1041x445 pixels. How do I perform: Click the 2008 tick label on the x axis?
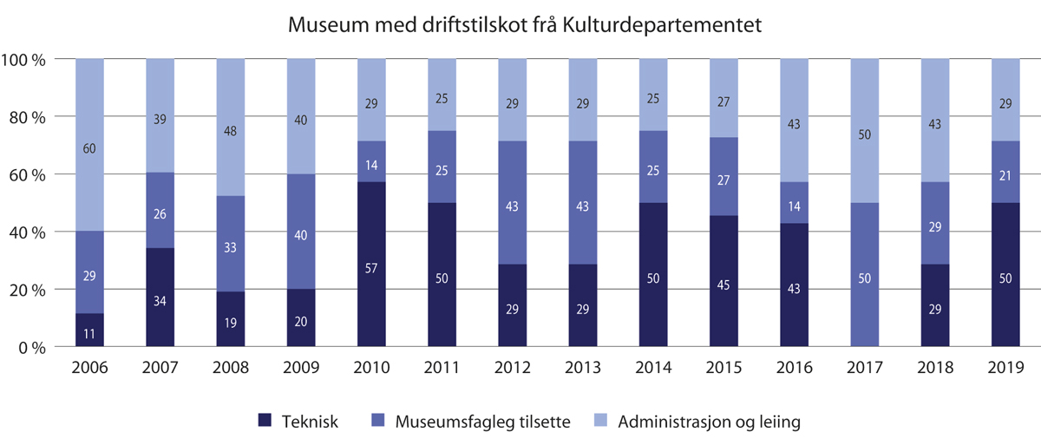pos(230,368)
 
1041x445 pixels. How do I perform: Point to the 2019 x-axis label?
pos(1005,368)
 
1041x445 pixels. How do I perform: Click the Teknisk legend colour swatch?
pos(265,422)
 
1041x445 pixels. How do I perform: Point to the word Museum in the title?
pos(324,27)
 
